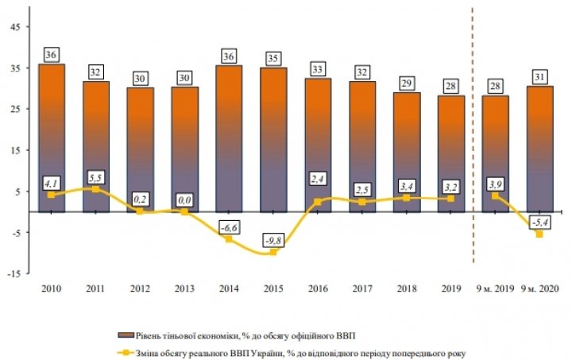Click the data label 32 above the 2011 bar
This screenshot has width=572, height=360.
(x=96, y=72)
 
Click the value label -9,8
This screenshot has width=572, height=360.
(x=274, y=238)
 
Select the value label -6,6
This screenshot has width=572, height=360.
(x=229, y=226)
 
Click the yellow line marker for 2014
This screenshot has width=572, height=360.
(x=229, y=239)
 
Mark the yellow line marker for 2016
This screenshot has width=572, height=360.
(x=318, y=202)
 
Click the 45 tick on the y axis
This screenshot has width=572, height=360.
(x=16, y=24)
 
